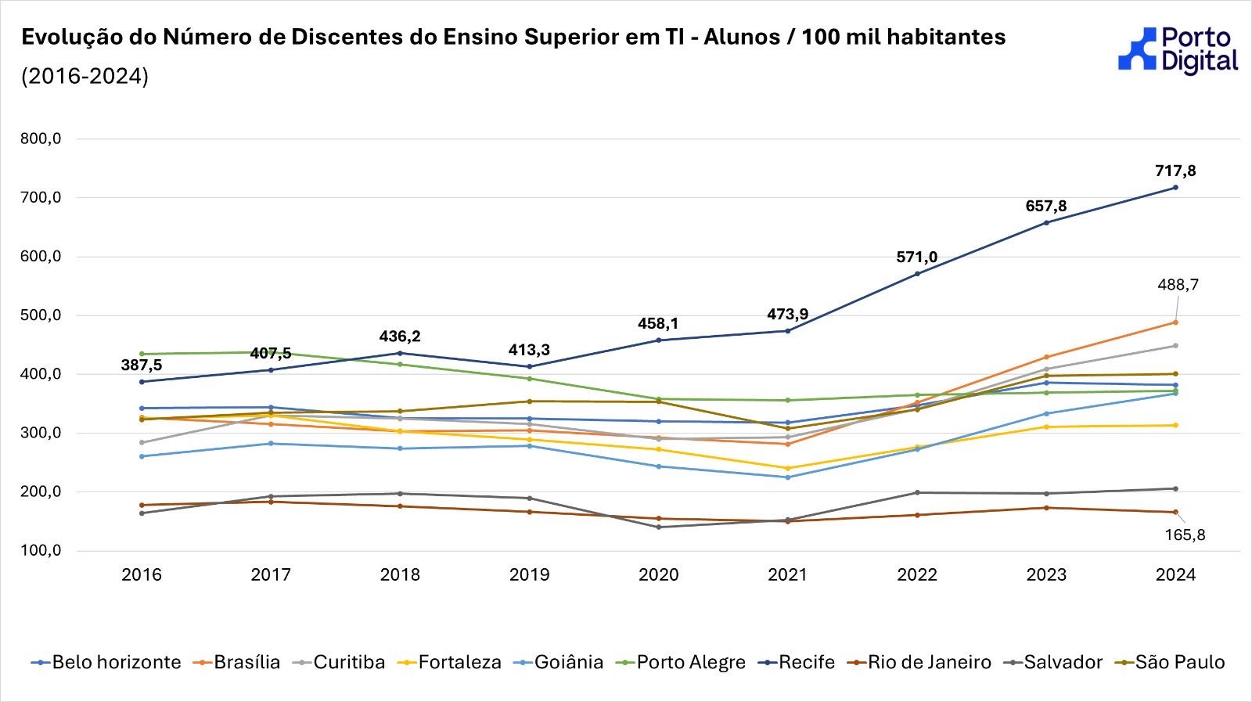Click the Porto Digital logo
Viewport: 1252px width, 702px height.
(1178, 50)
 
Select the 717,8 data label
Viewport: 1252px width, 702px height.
(1175, 171)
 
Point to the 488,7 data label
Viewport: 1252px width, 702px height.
(1178, 286)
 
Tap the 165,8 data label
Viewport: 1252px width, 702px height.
(1185, 535)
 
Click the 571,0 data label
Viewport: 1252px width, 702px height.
(916, 257)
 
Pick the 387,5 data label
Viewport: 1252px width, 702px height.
(142, 365)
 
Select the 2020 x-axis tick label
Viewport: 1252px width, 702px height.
(658, 575)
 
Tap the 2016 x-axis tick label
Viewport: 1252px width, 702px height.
(142, 575)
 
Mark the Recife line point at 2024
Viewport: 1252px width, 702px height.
(1175, 188)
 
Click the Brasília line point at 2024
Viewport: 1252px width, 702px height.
(1175, 322)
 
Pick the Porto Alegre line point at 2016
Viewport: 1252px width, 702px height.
(142, 354)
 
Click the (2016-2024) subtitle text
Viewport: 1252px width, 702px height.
(85, 77)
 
